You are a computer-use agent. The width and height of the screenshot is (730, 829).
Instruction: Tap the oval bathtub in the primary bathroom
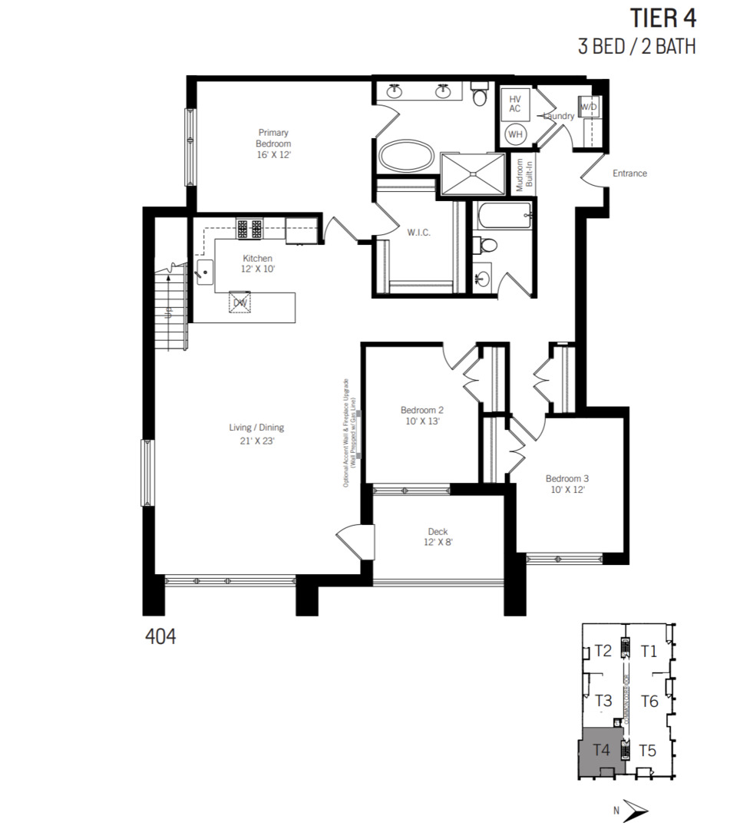click(x=405, y=156)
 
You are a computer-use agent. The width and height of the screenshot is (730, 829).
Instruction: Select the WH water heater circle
click(x=514, y=134)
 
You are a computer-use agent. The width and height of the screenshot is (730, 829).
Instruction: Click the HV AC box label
click(x=514, y=104)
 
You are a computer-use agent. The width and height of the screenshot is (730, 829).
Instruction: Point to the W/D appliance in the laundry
click(x=589, y=107)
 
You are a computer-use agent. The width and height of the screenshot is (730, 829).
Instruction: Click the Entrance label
click(x=629, y=173)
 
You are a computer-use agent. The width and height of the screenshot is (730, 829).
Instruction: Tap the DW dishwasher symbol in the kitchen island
click(x=241, y=302)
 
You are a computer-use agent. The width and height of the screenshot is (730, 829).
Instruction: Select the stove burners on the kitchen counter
click(x=249, y=228)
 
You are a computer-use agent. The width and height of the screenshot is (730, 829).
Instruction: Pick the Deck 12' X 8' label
click(x=438, y=537)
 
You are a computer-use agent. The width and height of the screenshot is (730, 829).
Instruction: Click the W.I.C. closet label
click(x=418, y=232)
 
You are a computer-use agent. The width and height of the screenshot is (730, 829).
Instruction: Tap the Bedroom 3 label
click(x=567, y=482)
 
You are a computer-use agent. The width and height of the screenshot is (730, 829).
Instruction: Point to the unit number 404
click(x=160, y=636)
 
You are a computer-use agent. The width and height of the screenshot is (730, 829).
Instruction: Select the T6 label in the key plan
click(x=649, y=702)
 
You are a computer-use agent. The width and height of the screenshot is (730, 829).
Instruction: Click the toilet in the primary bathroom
click(x=480, y=95)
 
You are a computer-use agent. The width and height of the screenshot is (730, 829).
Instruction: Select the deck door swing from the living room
click(x=355, y=543)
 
